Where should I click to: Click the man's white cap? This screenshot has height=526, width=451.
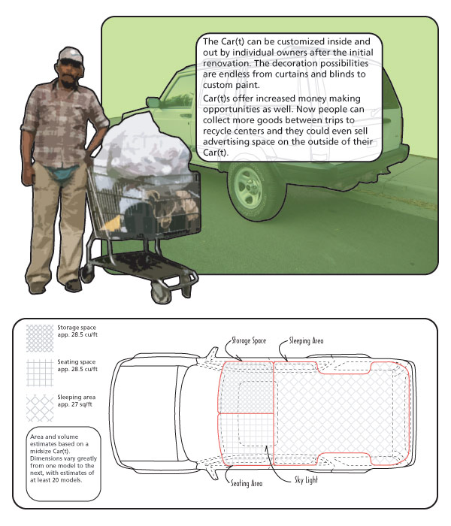coord(70,54)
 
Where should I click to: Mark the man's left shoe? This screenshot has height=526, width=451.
coord(73,286)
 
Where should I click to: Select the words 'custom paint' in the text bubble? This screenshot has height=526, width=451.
coord(229,85)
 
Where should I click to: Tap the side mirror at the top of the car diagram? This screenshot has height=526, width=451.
coord(212,350)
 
